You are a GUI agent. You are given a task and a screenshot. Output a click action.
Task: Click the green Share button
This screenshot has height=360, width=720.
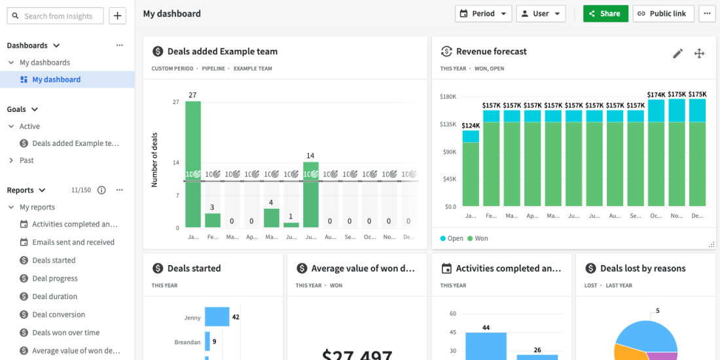pyautogui.click(x=605, y=14)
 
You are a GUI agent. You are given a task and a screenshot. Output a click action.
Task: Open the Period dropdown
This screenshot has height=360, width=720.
pyautogui.click(x=483, y=14)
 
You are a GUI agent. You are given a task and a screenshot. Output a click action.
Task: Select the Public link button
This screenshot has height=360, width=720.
pyautogui.click(x=662, y=14)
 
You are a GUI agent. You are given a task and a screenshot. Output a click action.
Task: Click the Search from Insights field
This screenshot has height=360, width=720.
pyautogui.click(x=56, y=16)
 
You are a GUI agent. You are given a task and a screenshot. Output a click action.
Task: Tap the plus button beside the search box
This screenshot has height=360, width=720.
pyautogui.click(x=117, y=16)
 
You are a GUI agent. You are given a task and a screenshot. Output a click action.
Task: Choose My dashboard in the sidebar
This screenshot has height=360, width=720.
pyautogui.click(x=56, y=80)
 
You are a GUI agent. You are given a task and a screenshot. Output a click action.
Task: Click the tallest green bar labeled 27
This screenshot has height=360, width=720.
pyautogui.click(x=192, y=164)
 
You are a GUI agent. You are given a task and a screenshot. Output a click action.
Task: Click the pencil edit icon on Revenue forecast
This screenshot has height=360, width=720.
pyautogui.click(x=677, y=54)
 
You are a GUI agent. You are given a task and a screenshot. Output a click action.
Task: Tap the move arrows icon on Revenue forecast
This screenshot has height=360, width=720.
pyautogui.click(x=699, y=54)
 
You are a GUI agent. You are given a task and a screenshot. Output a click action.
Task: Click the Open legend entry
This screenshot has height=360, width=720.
pyautogui.click(x=452, y=239)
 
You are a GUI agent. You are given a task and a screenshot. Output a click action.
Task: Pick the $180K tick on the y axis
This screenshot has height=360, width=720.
pyautogui.click(x=448, y=97)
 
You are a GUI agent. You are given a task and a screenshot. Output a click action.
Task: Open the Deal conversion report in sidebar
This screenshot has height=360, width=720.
pyautogui.click(x=58, y=315)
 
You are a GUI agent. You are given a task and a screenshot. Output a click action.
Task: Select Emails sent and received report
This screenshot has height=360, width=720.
pyautogui.click(x=73, y=242)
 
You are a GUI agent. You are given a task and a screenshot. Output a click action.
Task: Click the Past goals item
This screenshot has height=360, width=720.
pyautogui.click(x=27, y=160)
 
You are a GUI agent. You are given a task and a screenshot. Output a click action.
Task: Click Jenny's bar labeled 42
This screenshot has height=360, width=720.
pyautogui.click(x=217, y=317)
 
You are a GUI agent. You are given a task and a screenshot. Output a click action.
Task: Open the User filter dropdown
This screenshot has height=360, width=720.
pyautogui.click(x=541, y=14)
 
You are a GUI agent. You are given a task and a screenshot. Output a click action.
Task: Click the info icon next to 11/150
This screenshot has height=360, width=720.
pyautogui.click(x=101, y=190)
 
